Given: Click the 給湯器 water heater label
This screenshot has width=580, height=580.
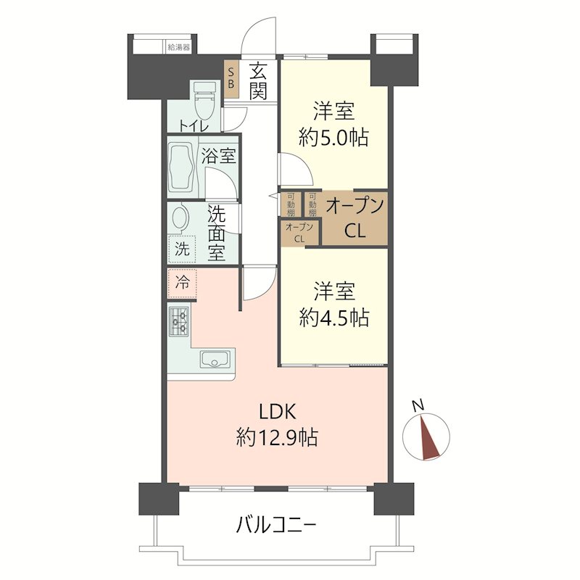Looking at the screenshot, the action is coord(178,47).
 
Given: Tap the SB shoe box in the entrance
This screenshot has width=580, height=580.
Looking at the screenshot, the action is coord(231,78).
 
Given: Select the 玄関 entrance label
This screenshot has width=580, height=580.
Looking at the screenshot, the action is coord(258,81).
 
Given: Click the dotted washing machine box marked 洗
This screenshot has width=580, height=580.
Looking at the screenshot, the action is coord(182,249).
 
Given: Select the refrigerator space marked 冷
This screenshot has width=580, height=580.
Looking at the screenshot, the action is coord(182,283).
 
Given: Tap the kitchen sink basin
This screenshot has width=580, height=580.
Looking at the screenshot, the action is coord(215,359).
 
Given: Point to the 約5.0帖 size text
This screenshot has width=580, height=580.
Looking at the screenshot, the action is coord(333,138).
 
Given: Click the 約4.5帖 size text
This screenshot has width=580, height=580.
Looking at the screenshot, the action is coord(333,318).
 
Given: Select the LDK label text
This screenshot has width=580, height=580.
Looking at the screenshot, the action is coord(277,411).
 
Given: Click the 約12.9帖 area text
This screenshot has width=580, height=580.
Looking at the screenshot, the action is coord(277,438).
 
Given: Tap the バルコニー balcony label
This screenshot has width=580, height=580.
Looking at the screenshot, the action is coord(276,525).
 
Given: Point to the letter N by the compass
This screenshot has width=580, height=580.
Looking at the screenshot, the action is coord(418,406).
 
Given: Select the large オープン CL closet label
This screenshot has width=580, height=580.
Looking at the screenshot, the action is coord(355,218).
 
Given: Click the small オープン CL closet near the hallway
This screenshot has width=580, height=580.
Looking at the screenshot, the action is coord(299,233).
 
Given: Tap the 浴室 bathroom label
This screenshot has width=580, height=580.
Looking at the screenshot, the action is coord(219,155).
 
